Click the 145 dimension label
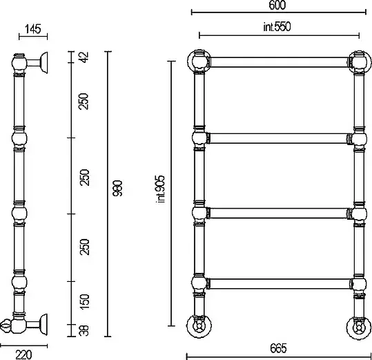click(x=32, y=29)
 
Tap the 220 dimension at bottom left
click(x=23, y=354)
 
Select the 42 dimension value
click(x=84, y=57)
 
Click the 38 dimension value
click(x=84, y=330)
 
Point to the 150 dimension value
click(x=84, y=301)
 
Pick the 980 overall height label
click(x=117, y=189)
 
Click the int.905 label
click(x=160, y=189)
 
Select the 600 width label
click(x=277, y=5)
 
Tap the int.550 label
click(x=277, y=26)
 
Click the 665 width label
click(x=278, y=348)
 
